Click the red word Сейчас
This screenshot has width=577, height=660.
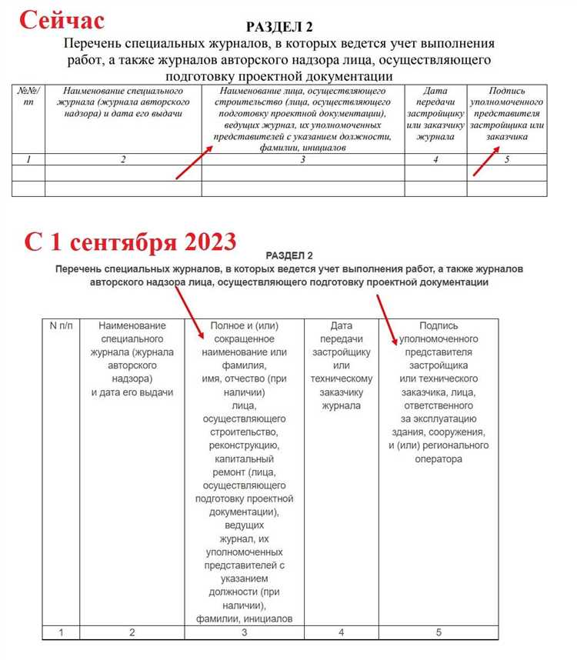click(x=61, y=21)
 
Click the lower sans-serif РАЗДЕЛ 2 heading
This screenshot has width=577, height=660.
click(x=288, y=255)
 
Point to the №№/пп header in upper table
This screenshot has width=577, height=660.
click(x=28, y=96)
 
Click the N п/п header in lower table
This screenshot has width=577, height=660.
click(x=59, y=325)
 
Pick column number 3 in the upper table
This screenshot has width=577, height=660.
click(x=302, y=159)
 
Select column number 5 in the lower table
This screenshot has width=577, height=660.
click(x=439, y=632)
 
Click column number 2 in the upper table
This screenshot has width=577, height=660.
click(x=123, y=159)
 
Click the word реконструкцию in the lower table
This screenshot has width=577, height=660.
click(x=245, y=445)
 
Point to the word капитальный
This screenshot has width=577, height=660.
click(x=245, y=459)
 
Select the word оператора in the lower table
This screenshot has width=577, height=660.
click(x=439, y=459)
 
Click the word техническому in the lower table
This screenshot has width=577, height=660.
click(x=342, y=378)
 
